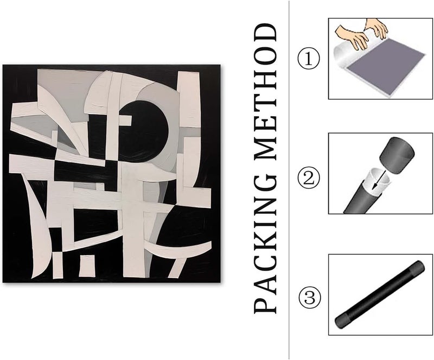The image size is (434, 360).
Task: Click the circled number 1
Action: click(x=308, y=59)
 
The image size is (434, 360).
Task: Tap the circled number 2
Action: click(x=308, y=178)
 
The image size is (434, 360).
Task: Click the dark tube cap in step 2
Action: click(x=397, y=155)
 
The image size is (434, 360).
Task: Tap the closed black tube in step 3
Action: click(x=379, y=294)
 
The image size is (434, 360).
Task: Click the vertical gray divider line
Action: click(x=289, y=180)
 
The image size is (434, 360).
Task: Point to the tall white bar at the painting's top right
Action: click(x=189, y=99)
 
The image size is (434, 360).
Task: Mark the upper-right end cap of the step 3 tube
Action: click(x=417, y=267)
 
